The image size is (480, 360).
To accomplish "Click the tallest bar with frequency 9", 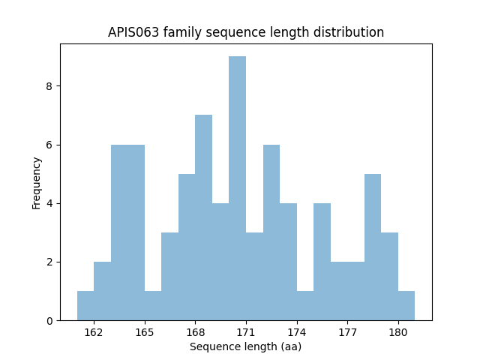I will tap(237, 188).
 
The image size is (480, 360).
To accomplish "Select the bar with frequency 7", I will tap(203, 217).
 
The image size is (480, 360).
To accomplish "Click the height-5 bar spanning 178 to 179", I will tap(373, 247).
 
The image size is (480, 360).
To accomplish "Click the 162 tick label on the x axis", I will tap(94, 332).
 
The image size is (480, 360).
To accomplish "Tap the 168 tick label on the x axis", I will tap(195, 332).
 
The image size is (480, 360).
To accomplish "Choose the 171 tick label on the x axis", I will tap(246, 332).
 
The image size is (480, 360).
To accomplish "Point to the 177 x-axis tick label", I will tap(347, 332).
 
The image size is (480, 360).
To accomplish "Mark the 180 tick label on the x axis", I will tap(397, 332).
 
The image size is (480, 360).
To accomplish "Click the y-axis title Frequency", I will tap(37, 182).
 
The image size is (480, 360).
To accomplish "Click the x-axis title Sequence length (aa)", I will tap(245, 346).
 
